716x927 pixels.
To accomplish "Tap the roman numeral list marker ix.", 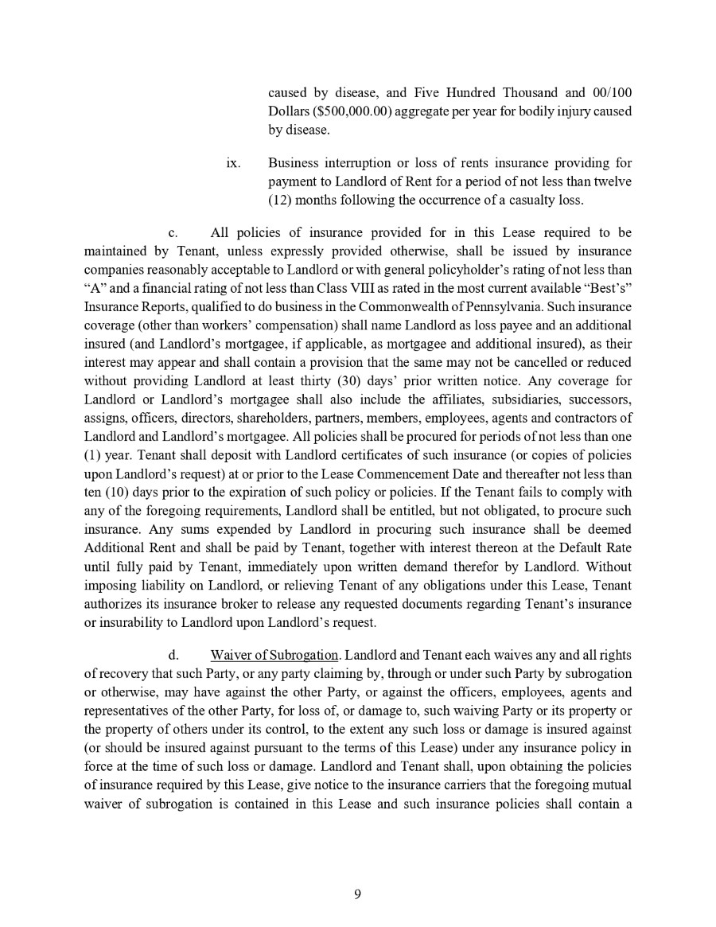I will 233,163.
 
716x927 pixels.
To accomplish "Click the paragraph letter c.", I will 173,233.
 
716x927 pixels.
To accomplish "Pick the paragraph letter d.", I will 173,655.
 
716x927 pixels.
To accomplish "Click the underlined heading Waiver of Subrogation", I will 274,655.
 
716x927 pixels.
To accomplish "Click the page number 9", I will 357,894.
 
